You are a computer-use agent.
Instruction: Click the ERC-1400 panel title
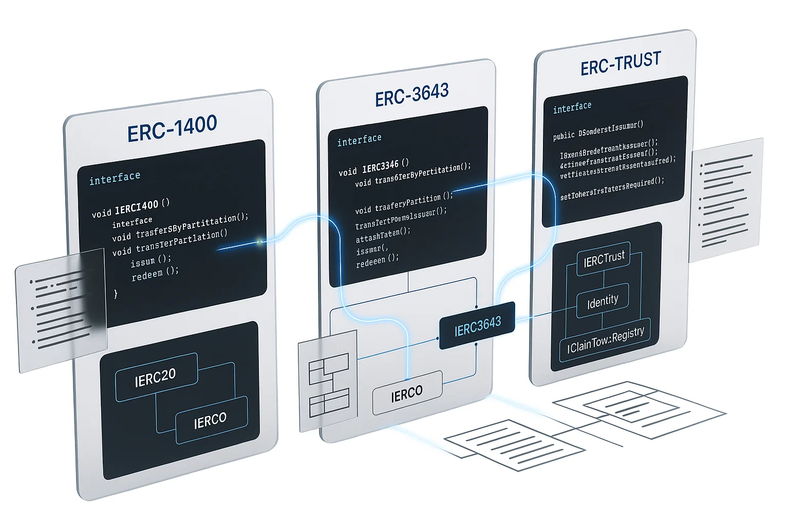[172, 129]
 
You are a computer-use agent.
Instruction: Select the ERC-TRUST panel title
[621, 63]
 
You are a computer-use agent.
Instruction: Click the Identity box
[603, 302]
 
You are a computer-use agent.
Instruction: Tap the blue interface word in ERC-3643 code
[359, 140]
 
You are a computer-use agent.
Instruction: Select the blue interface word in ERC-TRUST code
[572, 107]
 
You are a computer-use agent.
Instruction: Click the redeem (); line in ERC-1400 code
[155, 274]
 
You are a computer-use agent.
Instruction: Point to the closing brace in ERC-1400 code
[116, 293]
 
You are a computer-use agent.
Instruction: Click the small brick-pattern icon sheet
[328, 380]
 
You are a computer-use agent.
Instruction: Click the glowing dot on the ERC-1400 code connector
[260, 241]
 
